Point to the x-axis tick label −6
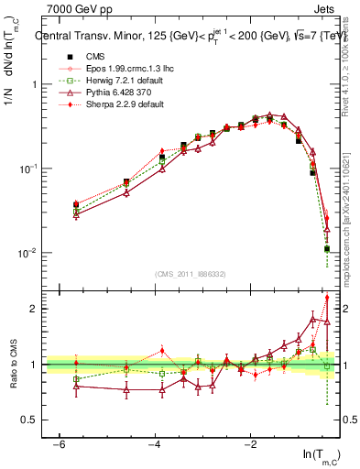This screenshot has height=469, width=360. (59, 443)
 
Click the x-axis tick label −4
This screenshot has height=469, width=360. (155, 443)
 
